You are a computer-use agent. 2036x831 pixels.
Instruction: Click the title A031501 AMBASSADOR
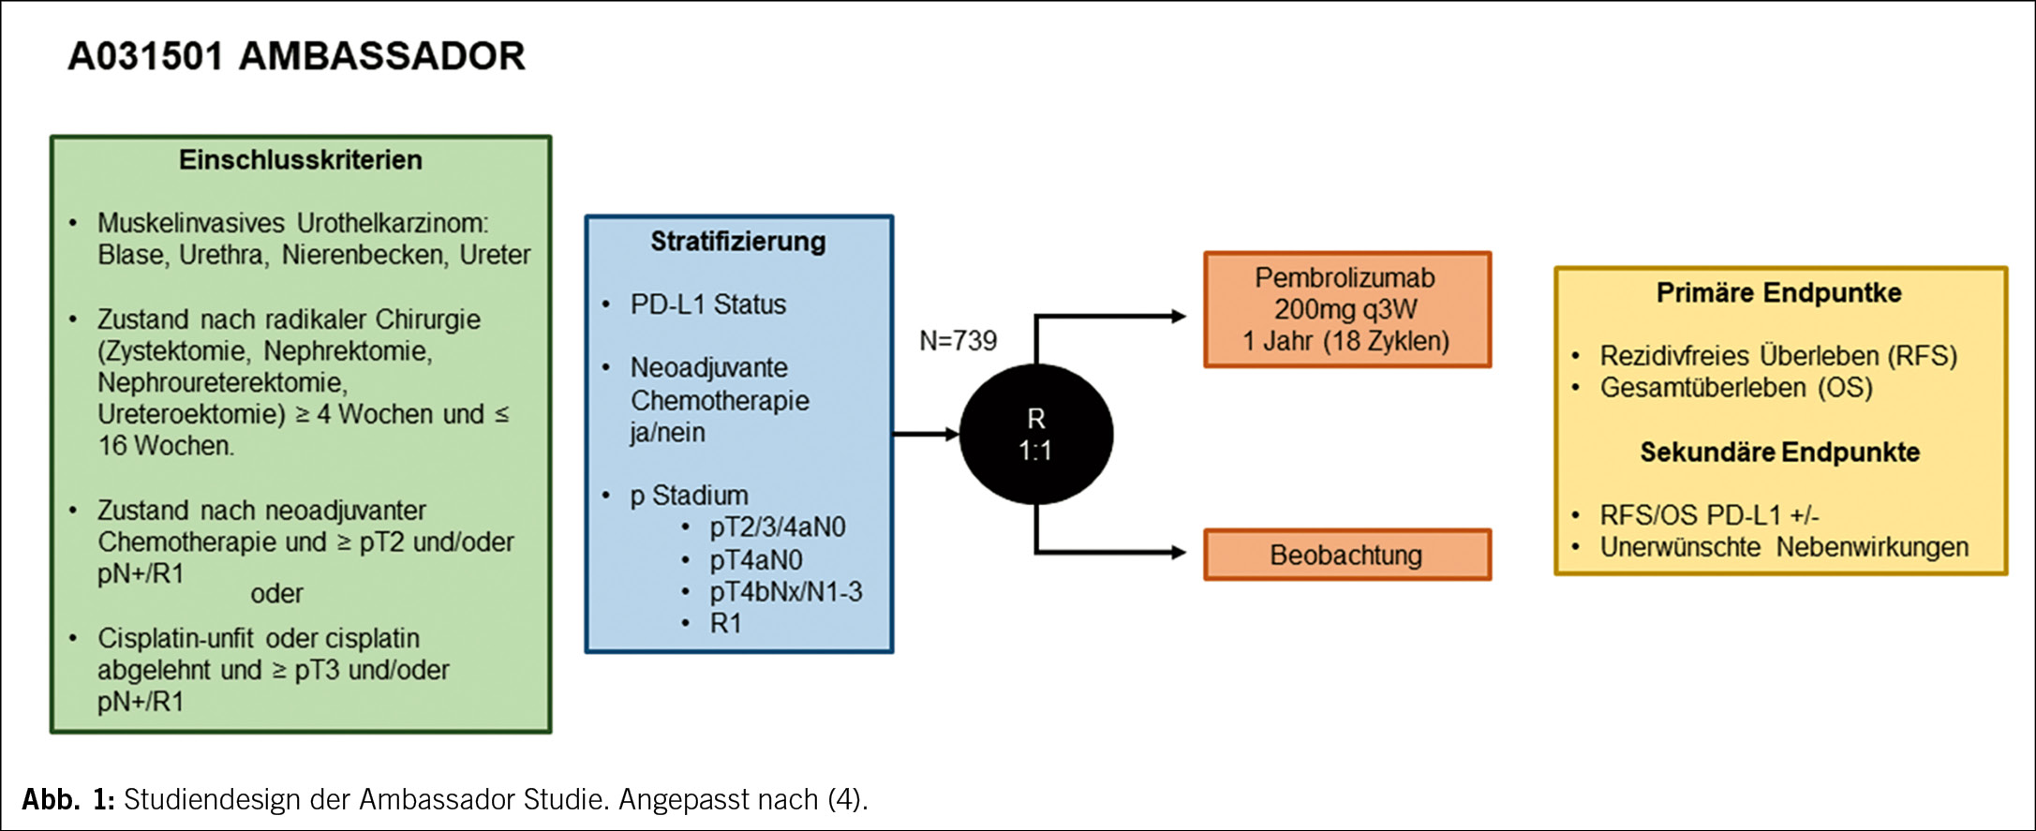(x=296, y=56)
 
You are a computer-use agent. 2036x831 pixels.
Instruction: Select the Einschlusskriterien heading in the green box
(x=301, y=160)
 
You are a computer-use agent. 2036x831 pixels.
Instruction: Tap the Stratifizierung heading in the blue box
(x=738, y=242)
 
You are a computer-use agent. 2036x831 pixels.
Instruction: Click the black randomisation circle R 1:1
(x=1036, y=435)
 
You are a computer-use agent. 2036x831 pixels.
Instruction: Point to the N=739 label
(x=958, y=341)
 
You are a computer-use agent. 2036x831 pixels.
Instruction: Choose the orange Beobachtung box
(x=1346, y=555)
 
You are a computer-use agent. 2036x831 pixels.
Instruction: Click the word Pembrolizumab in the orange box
(x=1345, y=278)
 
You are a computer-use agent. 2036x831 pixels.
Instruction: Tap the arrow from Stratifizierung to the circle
(x=927, y=434)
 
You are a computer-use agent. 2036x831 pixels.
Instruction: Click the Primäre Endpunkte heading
(x=1778, y=293)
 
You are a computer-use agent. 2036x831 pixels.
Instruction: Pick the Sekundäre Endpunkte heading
(x=1779, y=453)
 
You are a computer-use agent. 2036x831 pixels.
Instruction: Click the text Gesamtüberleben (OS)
(x=1736, y=388)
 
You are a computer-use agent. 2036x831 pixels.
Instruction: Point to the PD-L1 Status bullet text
(x=707, y=304)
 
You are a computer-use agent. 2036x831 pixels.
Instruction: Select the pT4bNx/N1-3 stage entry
(x=785, y=592)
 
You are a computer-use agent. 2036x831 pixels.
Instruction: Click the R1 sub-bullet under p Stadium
(x=725, y=624)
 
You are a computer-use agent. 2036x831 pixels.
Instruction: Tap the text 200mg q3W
(x=1345, y=309)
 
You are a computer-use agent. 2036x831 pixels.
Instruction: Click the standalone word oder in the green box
(x=276, y=594)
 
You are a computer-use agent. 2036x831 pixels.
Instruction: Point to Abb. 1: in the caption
(x=67, y=799)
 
